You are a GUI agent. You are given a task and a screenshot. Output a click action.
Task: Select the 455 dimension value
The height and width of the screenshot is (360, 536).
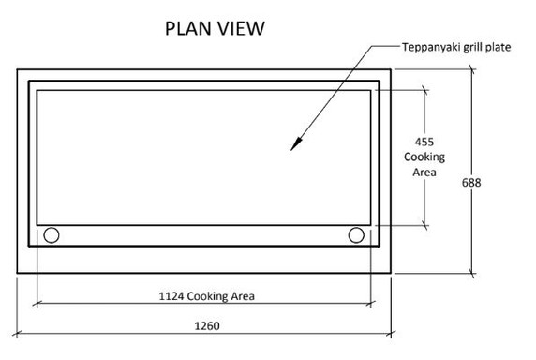coord(424,142)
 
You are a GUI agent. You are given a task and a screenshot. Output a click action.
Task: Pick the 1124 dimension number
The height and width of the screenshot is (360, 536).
coord(171,296)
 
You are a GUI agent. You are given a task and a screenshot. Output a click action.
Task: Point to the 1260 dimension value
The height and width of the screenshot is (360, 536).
coord(204,327)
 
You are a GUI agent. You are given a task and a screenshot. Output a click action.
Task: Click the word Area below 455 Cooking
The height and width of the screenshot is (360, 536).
coord(424,172)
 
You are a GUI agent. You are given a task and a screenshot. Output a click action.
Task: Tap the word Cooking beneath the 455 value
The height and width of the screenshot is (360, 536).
coord(424,157)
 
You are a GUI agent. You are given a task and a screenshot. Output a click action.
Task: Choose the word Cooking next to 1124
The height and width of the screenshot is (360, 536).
coord(208,296)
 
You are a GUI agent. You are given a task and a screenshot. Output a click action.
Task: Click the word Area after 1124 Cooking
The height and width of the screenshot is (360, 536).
coord(242,296)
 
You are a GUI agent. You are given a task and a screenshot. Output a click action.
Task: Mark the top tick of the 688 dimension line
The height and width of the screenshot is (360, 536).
coord(471,68)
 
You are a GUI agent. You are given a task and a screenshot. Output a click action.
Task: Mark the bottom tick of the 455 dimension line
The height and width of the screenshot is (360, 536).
coord(424,225)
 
